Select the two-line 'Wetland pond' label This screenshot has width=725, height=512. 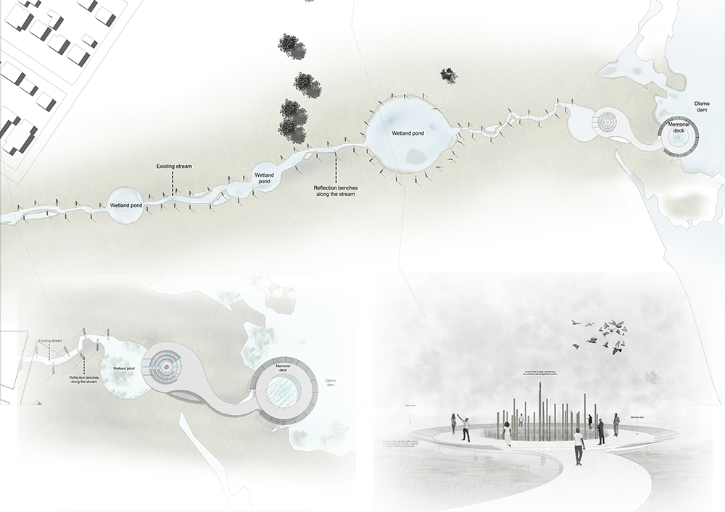click(264, 178)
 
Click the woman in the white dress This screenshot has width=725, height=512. click(507, 432)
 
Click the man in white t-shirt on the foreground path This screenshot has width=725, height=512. click(578, 446)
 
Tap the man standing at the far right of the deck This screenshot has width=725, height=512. click(616, 424)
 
